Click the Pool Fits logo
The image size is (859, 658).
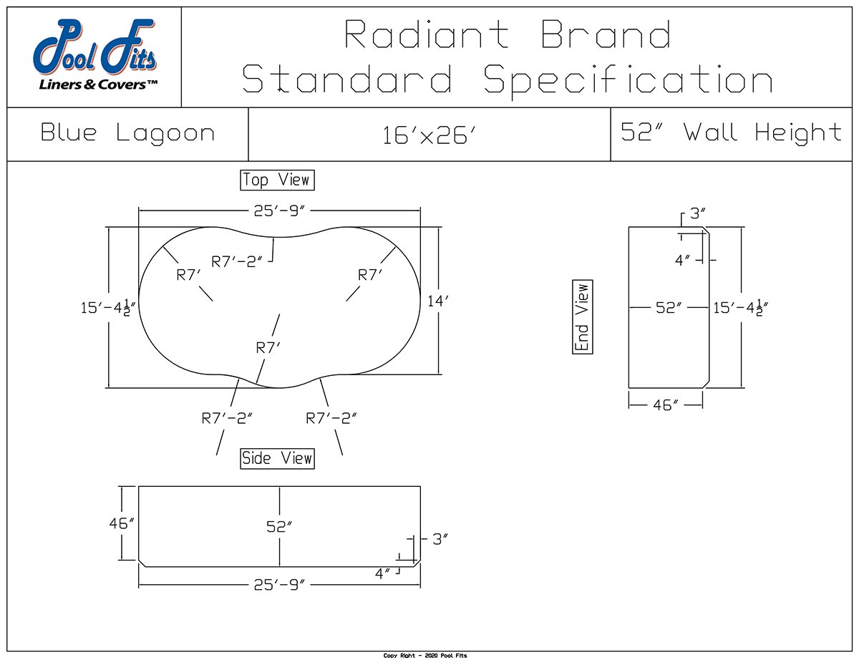94,57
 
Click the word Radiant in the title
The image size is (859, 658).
427,34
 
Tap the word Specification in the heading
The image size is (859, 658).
629,79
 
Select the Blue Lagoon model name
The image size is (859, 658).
127,133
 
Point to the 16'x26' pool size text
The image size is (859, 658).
429,135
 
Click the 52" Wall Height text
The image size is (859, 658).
731,132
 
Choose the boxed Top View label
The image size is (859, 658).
277,180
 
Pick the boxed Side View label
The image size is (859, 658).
277,458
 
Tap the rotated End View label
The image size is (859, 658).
583,316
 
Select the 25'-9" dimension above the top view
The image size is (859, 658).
279,212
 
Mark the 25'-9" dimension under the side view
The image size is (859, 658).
279,585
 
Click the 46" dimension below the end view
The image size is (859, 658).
666,405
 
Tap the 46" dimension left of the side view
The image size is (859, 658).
122,523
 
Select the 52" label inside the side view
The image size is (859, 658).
279,526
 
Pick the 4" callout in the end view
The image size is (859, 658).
684,260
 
